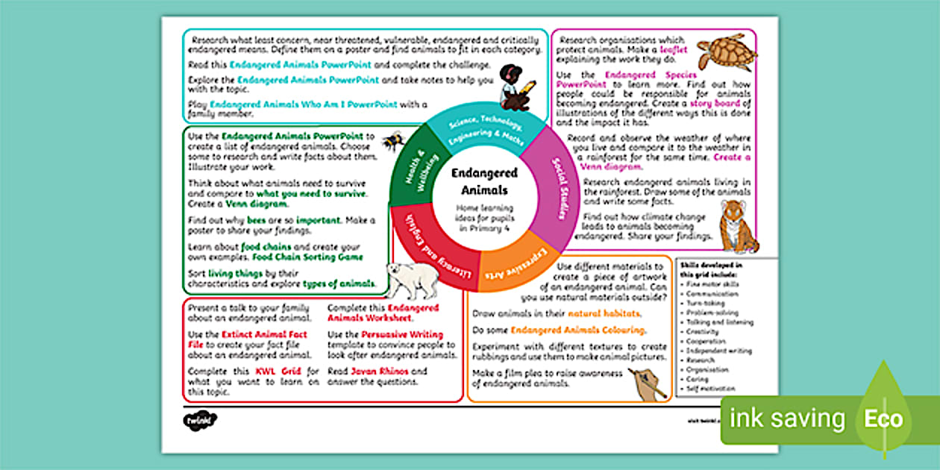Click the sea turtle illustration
coord(726,51)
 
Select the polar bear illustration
coord(411,280)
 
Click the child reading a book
coord(515,87)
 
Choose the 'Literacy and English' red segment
coord(428,251)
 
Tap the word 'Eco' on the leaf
coord(884,419)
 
